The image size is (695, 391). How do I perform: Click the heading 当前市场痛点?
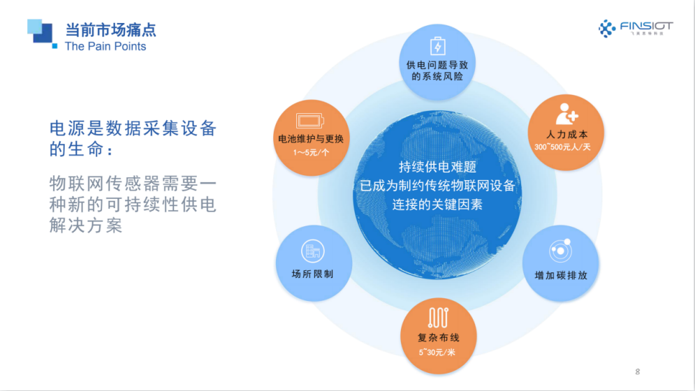pyautogui.click(x=110, y=30)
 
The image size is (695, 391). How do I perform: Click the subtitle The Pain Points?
pyautogui.click(x=105, y=46)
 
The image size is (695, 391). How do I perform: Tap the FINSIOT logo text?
pyautogui.click(x=646, y=26)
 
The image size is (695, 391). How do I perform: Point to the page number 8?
pyautogui.click(x=637, y=371)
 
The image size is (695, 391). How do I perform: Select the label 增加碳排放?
pyautogui.click(x=560, y=275)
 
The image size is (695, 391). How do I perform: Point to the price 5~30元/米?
pyautogui.click(x=438, y=352)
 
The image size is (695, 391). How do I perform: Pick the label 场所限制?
pyautogui.click(x=312, y=274)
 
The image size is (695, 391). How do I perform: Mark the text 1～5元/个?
pyautogui.click(x=311, y=152)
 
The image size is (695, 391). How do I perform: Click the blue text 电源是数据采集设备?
pyautogui.click(x=133, y=128)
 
